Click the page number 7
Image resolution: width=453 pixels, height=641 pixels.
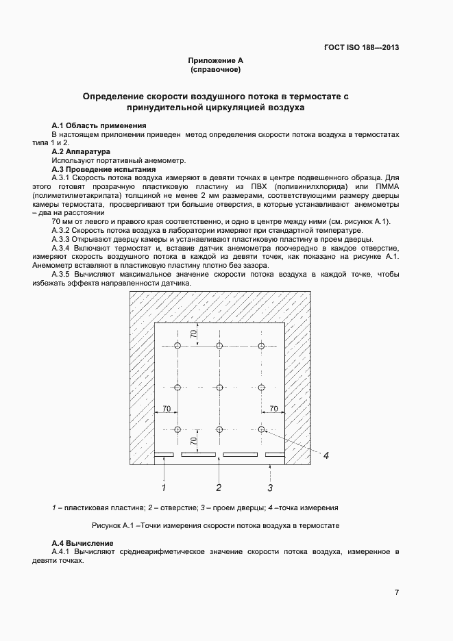click(x=397, y=592)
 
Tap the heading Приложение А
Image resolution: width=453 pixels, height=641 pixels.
click(x=216, y=61)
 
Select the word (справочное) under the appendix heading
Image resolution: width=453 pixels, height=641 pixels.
click(x=216, y=70)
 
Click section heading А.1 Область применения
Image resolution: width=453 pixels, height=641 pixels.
click(x=99, y=126)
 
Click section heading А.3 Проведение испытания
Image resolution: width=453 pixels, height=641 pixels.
click(x=103, y=169)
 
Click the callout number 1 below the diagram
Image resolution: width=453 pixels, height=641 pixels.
click(x=164, y=488)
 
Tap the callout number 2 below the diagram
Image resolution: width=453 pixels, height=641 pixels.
click(x=219, y=488)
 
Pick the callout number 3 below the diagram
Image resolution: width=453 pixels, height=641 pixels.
click(x=270, y=488)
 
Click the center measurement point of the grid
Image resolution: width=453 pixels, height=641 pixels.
click(x=219, y=388)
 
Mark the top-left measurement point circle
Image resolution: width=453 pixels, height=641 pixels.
click(x=177, y=346)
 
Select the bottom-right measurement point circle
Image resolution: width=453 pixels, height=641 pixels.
click(x=262, y=429)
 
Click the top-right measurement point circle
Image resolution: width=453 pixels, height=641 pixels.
click(x=262, y=346)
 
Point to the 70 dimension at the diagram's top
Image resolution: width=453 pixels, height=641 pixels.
click(x=194, y=334)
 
